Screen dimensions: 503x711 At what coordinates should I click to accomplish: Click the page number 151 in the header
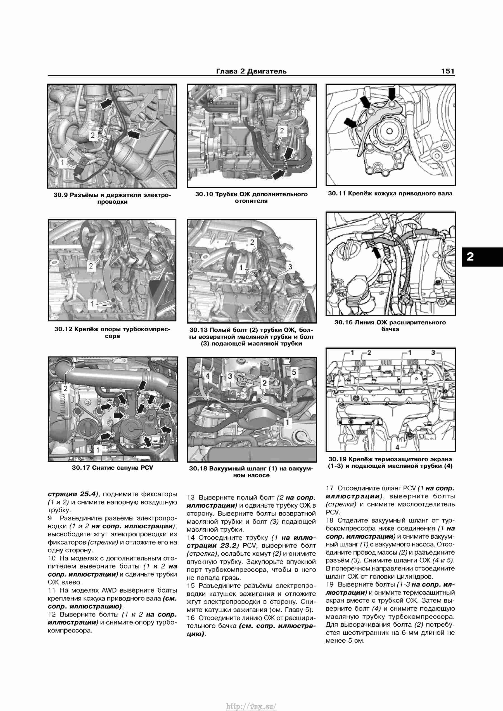click(448, 71)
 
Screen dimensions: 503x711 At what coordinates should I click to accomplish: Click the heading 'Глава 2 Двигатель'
click(251, 71)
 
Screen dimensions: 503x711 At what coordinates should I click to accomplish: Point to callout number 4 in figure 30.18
click(208, 376)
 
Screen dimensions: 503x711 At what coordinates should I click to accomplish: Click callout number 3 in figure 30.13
click(290, 266)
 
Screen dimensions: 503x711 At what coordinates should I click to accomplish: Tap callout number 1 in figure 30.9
click(63, 162)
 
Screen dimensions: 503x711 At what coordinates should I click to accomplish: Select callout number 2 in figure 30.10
click(282, 130)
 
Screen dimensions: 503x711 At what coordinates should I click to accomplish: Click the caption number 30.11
click(337, 194)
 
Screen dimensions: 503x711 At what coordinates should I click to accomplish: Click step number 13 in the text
click(191, 498)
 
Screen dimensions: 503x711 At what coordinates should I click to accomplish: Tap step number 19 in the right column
click(329, 584)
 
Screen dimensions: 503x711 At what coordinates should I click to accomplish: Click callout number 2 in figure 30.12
click(91, 266)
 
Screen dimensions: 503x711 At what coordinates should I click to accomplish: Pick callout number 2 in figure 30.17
click(65, 389)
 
